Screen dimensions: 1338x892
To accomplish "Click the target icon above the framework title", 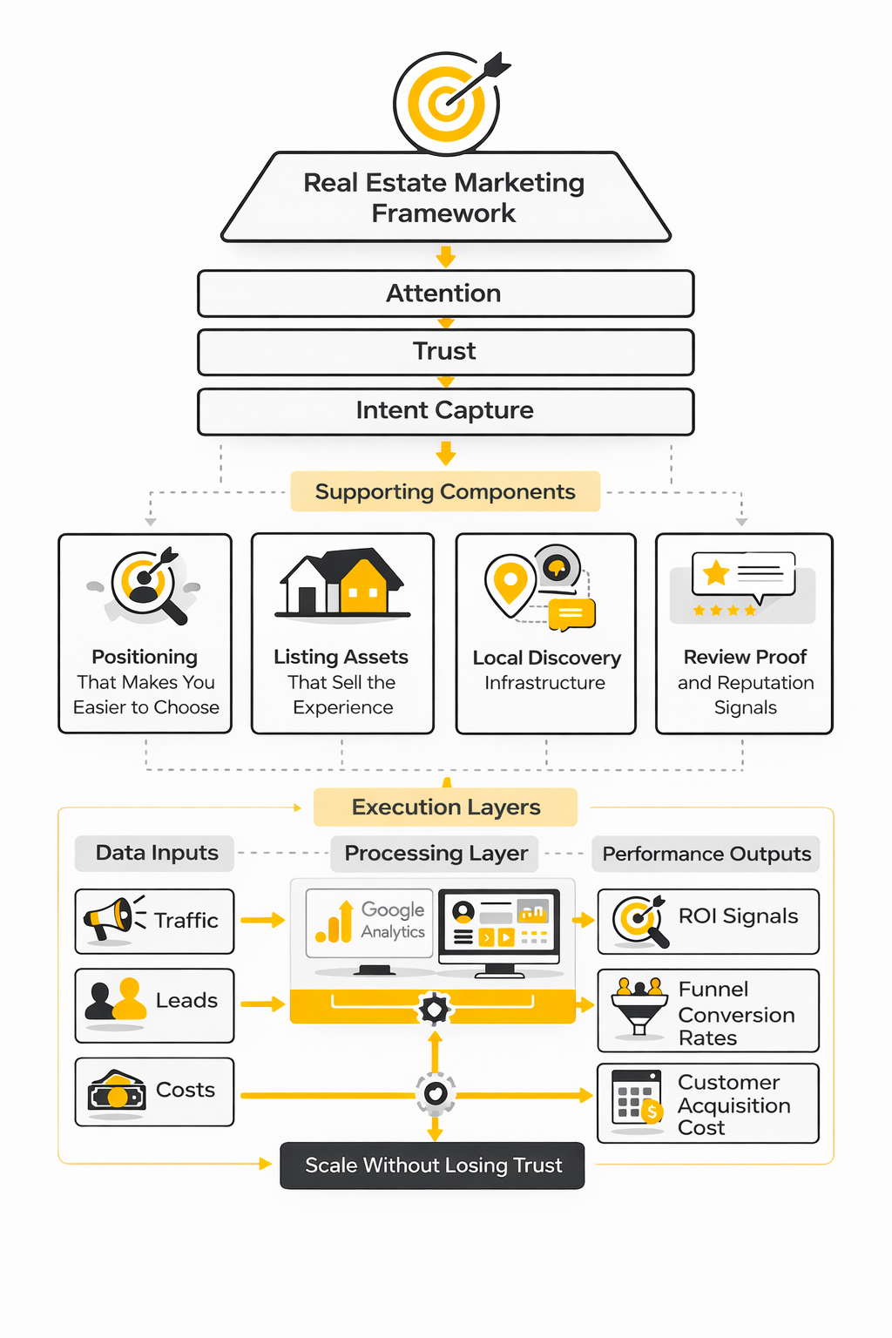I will pos(446,104).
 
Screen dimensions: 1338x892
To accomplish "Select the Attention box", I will pos(445,294).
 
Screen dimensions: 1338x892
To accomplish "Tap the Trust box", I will pos(445,352).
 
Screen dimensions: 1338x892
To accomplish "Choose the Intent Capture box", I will pos(445,411).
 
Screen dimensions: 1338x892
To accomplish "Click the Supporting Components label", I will pos(445,492).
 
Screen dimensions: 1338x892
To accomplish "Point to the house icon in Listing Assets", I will pos(341,584).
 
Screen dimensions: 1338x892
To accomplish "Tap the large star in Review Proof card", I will pos(716,572).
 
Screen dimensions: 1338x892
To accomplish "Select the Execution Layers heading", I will pos(445,808).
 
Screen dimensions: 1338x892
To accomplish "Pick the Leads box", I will pos(154,1005).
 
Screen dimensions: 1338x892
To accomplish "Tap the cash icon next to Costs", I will pos(117,1092).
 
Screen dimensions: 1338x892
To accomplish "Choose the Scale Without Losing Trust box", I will pos(432,1166).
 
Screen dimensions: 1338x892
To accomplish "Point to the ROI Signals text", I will pos(738,916).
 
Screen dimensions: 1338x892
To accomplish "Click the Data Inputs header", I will pos(156,853).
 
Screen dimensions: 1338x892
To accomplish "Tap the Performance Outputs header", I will pos(706,854).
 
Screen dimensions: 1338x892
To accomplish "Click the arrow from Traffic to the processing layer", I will pos(262,920).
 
